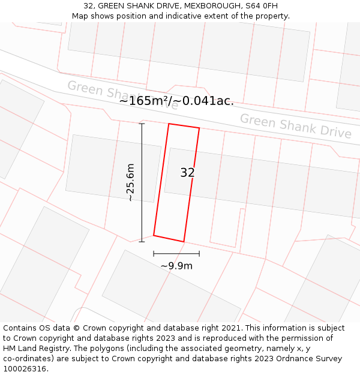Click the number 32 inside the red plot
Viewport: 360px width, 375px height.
[x=187, y=173]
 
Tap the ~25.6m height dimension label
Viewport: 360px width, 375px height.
[x=130, y=182]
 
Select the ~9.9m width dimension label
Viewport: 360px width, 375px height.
[x=176, y=266]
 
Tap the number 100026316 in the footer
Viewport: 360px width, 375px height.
[x=25, y=368]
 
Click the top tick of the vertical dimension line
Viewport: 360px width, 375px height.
[x=142, y=124]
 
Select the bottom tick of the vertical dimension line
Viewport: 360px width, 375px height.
[x=142, y=242]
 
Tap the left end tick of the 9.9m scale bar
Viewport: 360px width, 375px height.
[x=154, y=254]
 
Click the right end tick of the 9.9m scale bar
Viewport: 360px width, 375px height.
[x=199, y=254]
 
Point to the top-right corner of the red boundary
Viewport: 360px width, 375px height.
[x=199, y=128]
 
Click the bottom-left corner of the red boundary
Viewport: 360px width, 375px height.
[x=154, y=235]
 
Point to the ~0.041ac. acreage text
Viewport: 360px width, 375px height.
[x=205, y=101]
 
